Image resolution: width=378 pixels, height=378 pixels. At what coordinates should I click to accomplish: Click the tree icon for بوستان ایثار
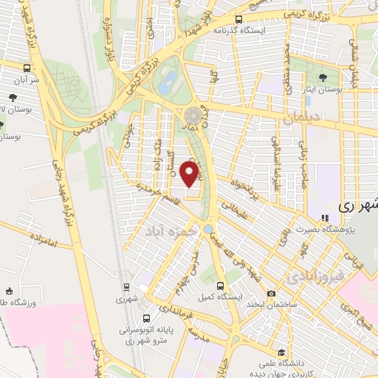click(x=325, y=76)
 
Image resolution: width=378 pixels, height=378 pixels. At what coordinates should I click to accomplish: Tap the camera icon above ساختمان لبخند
click(x=271, y=294)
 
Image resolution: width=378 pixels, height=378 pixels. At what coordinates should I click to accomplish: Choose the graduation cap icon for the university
click(x=281, y=352)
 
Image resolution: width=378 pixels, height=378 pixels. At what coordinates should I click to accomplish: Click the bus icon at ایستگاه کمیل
click(x=219, y=283)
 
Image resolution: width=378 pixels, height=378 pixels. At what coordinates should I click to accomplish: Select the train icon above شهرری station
click(x=126, y=288)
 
